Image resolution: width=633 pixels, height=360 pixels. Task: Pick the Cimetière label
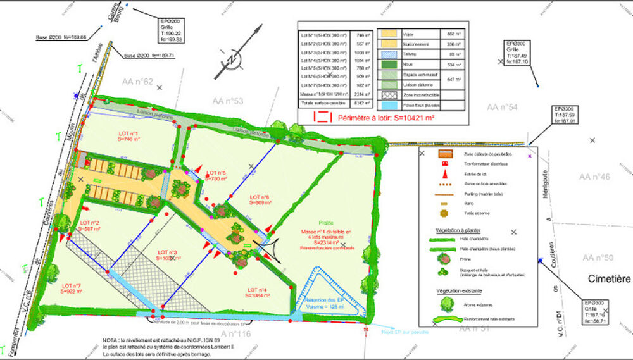tap(609, 279)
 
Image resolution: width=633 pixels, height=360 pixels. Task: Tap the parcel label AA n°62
tap(137, 82)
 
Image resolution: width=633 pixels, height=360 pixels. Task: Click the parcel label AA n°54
tap(503, 108)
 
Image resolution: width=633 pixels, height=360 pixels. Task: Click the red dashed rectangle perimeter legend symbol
tap(323, 116)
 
